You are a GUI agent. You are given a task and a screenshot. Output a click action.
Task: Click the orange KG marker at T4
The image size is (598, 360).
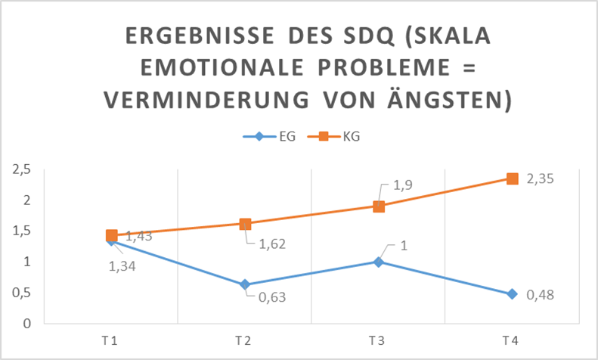pyautogui.click(x=512, y=178)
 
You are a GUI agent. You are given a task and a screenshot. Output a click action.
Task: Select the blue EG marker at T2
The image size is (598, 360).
pyautogui.click(x=245, y=284)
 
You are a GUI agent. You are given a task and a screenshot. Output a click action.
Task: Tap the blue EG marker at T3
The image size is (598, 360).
pyautogui.click(x=379, y=262)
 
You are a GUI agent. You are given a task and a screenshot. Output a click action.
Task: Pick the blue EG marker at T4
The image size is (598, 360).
pyautogui.click(x=512, y=293)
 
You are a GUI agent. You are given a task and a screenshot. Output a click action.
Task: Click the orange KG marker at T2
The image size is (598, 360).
pyautogui.click(x=245, y=224)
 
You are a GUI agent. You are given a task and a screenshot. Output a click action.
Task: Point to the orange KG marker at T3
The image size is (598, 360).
pyautogui.click(x=379, y=206)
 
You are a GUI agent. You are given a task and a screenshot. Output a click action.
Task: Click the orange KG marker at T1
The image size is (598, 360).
pyautogui.click(x=112, y=235)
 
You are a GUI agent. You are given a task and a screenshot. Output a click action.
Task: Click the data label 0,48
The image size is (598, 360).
pyautogui.click(x=540, y=294)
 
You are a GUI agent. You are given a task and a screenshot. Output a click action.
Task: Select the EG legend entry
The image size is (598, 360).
pyautogui.click(x=266, y=137)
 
